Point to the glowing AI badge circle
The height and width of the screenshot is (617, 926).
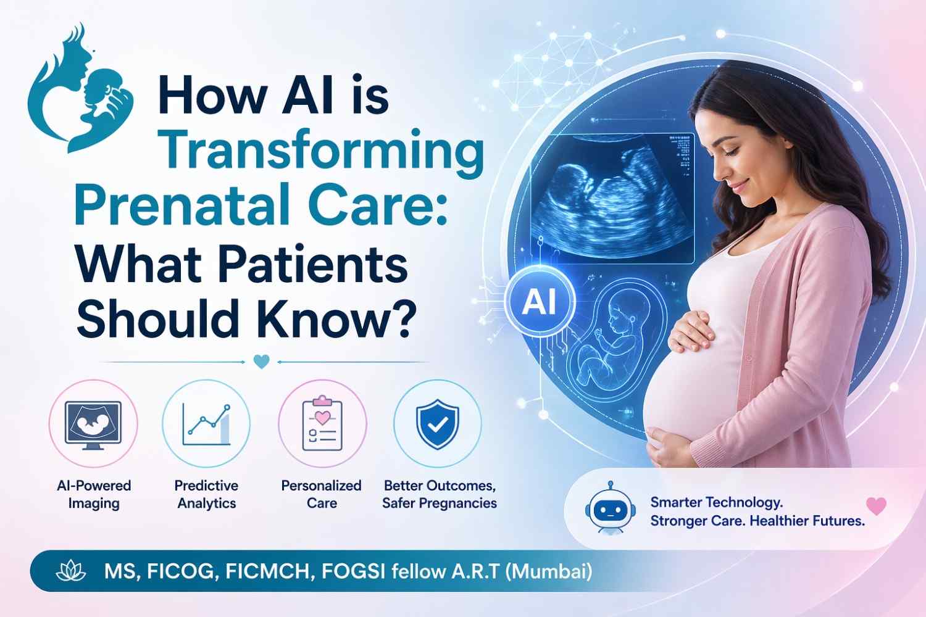click(540, 302)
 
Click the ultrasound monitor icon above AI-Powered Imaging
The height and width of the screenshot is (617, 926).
click(93, 425)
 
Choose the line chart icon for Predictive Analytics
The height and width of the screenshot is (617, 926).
click(206, 425)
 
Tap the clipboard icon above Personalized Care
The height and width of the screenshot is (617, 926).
click(322, 424)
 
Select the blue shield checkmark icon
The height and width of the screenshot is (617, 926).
click(437, 424)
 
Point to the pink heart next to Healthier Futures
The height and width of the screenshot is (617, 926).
click(877, 506)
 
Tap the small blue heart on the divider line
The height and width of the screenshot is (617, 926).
click(261, 362)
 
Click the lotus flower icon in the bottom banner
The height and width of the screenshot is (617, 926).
click(71, 571)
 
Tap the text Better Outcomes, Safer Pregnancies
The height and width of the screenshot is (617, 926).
click(440, 494)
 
